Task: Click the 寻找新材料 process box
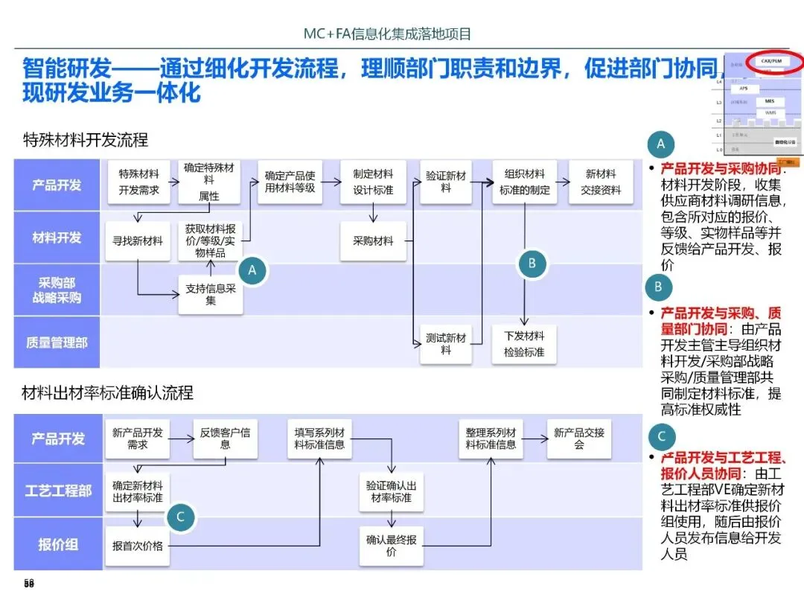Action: click(x=138, y=241)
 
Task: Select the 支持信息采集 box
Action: click(x=211, y=294)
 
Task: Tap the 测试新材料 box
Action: click(x=446, y=344)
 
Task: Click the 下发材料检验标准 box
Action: click(x=524, y=344)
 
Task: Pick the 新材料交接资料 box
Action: click(x=601, y=182)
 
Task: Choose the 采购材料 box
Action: click(x=373, y=241)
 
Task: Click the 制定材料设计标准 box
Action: click(x=373, y=182)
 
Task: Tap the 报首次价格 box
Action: click(x=137, y=546)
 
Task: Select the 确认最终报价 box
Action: click(x=391, y=546)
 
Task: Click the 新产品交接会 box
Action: click(x=579, y=438)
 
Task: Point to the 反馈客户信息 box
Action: click(x=226, y=438)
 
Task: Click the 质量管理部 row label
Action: click(x=57, y=342)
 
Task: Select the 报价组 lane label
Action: click(x=58, y=544)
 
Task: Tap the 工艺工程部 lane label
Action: click(x=58, y=491)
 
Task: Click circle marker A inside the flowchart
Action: click(x=252, y=271)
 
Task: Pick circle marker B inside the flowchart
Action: click(x=532, y=263)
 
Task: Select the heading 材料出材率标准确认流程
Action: click(x=108, y=392)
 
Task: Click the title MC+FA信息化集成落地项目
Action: click(x=387, y=34)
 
